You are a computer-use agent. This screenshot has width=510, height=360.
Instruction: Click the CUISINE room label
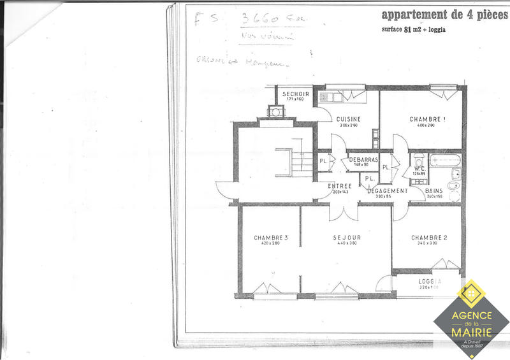[x=349, y=119]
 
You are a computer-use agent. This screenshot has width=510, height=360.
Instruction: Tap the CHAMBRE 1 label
[x=426, y=119]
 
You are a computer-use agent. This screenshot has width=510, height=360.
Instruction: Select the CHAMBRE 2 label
[x=428, y=238]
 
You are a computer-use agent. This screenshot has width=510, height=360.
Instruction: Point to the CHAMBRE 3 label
[x=270, y=238]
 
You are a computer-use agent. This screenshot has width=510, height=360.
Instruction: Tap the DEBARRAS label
[x=364, y=159]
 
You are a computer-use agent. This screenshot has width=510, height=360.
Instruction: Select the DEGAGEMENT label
[x=387, y=191]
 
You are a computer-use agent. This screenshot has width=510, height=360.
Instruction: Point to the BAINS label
[x=434, y=191]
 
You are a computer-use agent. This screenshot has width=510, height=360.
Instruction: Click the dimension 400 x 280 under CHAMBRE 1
[x=426, y=126]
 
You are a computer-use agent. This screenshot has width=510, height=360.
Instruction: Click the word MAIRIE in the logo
[x=472, y=331]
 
